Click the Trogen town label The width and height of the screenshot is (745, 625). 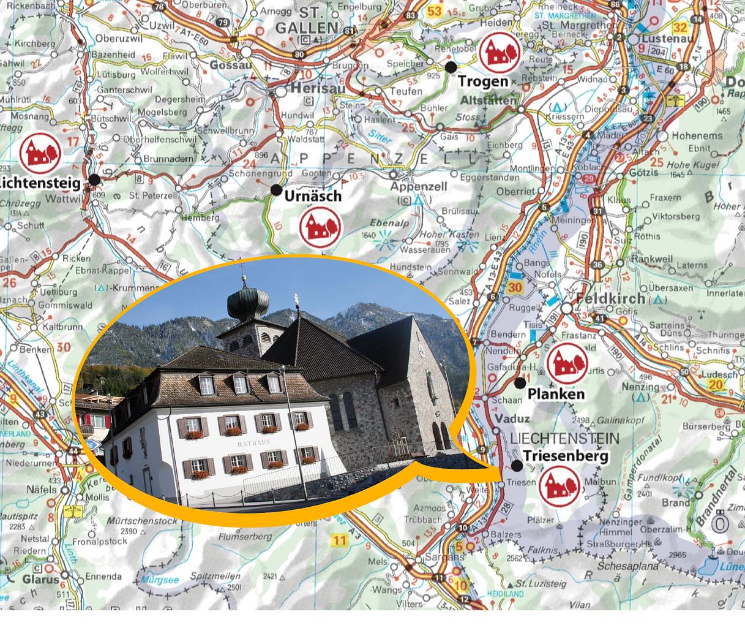tap(483, 81)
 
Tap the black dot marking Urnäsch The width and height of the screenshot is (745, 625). tap(277, 189)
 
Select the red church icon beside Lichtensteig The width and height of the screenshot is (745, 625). tap(40, 153)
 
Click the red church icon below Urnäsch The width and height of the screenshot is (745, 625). tap(320, 227)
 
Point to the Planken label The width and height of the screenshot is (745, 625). tap(556, 394)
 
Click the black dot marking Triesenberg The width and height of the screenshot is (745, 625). tap(517, 466)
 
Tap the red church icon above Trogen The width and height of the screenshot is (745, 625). tap(500, 52)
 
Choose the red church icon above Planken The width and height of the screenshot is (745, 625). tap(567, 363)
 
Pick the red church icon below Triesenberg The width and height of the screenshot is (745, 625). tap(560, 486)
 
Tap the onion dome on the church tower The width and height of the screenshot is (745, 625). tap(248, 302)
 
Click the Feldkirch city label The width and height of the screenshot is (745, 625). tap(610, 298)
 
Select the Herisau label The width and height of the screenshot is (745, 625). tap(317, 88)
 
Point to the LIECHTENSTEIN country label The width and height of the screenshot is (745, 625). tap(564, 439)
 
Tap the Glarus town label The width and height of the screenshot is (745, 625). tap(41, 579)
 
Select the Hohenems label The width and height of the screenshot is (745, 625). tap(697, 135)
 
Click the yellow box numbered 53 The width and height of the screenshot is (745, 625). tap(435, 12)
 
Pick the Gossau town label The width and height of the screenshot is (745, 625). tap(230, 65)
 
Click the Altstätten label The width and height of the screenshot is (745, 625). tap(487, 100)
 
